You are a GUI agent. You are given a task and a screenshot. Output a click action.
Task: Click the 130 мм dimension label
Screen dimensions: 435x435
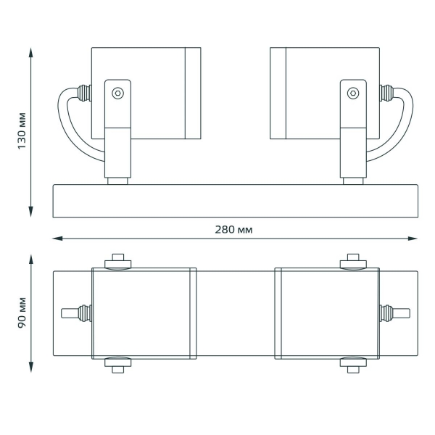22,131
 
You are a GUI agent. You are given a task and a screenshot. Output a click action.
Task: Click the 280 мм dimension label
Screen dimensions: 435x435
234,230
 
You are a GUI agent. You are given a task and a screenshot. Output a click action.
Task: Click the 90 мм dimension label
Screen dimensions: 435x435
22,313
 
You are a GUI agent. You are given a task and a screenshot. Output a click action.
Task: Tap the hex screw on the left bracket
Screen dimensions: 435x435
118,93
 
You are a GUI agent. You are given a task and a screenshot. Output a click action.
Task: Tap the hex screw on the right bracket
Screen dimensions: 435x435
353,93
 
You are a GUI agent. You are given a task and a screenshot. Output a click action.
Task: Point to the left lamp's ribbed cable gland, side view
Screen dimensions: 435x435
84,93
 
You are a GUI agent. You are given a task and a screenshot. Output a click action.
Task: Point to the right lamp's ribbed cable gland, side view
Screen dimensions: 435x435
386,93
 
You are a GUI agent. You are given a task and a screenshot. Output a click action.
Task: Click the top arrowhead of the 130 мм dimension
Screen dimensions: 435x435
31,53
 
